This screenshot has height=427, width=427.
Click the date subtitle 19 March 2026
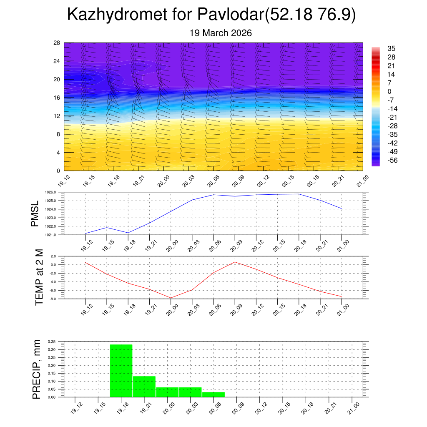click(221, 33)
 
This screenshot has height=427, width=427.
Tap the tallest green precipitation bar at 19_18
click(121, 371)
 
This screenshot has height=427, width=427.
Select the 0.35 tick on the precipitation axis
click(51, 342)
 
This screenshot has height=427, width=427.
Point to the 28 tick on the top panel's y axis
click(57, 43)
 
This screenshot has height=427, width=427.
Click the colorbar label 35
click(391, 48)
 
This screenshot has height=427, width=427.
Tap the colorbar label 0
click(389, 91)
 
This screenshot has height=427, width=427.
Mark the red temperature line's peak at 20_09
click(235, 262)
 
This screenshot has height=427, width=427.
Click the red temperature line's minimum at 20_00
click(171, 298)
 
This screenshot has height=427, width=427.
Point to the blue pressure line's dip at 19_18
click(128, 232)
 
